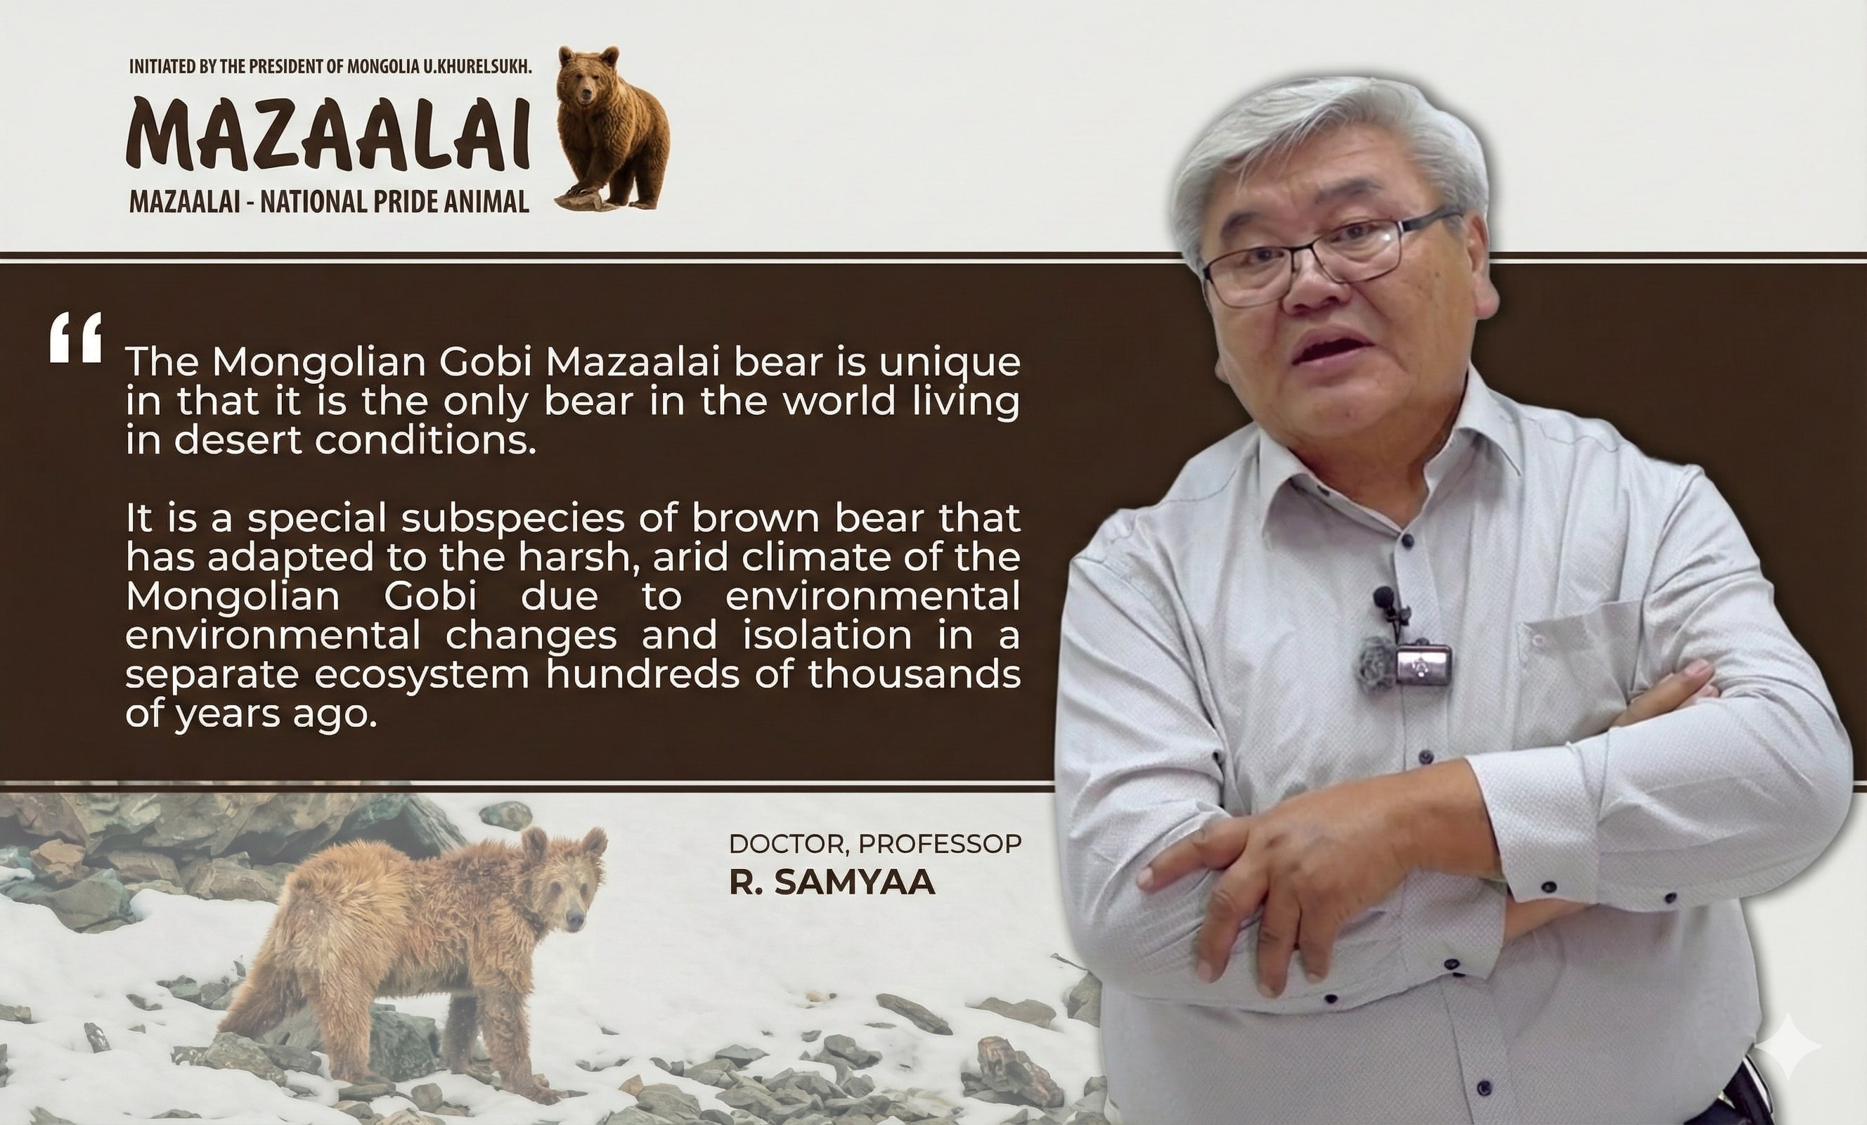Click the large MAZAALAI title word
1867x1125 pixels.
pos(328,135)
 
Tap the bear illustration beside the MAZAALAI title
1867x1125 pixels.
pos(612,127)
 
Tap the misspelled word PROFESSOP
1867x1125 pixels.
pos(941,843)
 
